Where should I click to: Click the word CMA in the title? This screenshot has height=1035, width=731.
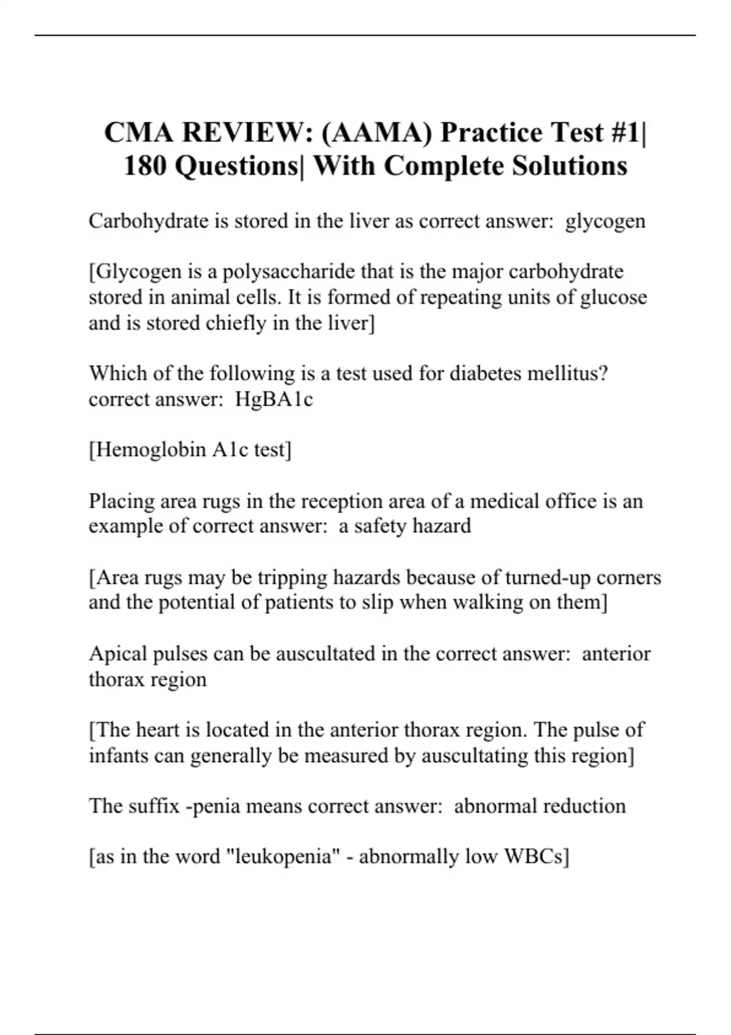[138, 133]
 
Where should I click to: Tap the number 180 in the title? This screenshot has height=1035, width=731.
[146, 166]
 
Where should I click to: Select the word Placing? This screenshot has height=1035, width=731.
[121, 501]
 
